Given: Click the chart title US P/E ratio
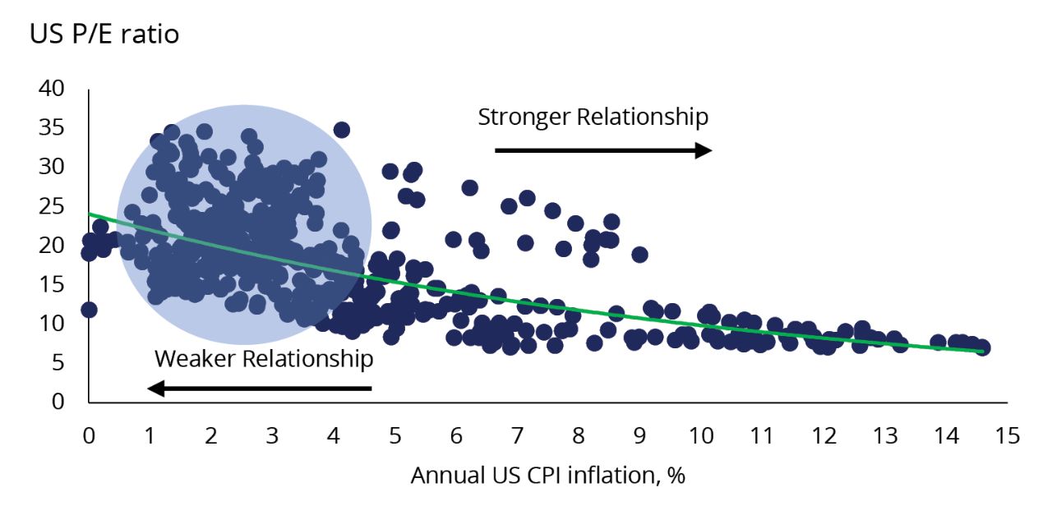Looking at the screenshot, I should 104,35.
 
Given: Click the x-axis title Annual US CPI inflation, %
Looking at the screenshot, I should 547,476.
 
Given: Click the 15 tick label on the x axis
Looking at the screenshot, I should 1008,435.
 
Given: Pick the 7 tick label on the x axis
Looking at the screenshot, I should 518,435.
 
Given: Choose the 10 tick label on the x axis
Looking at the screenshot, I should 701,435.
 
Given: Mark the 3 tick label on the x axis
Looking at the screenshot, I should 273,435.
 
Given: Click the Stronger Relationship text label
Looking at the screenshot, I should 593,117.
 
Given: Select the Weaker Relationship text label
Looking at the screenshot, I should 263,359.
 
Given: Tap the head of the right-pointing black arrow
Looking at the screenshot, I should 704,149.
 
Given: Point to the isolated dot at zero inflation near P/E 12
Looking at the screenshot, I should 89,310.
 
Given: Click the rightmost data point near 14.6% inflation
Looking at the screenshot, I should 982,347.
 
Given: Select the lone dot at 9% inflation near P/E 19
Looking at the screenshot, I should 639,255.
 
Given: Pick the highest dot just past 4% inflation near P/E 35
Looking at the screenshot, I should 341,130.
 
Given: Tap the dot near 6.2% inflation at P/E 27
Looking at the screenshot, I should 469,187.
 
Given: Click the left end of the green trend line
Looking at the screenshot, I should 90,214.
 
